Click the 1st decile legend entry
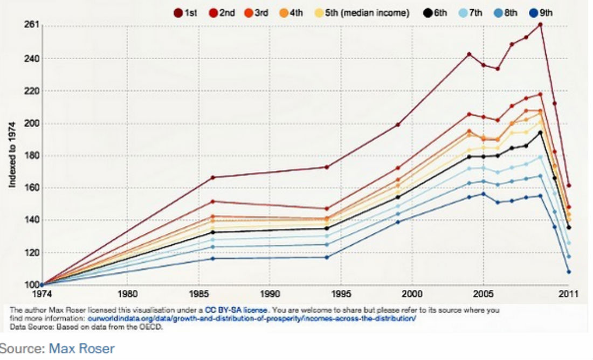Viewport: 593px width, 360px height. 185,13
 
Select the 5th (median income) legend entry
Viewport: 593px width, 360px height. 362,13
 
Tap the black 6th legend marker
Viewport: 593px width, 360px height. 427,13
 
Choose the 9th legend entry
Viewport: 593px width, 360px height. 541,13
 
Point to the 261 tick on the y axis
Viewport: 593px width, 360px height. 32,25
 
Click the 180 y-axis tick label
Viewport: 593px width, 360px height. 32,155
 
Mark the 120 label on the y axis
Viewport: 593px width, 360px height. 32,252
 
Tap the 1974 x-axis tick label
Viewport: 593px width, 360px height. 42,294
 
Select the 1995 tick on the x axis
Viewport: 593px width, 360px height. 341,294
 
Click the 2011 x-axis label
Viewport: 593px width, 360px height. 569,294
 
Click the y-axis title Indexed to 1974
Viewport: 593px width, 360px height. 12,154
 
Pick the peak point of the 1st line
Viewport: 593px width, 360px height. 540,25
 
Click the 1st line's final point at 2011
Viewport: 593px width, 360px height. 569,186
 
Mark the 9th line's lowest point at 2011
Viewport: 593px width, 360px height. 569,272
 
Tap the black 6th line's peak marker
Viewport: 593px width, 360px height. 540,133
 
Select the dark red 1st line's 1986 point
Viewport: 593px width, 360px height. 212,177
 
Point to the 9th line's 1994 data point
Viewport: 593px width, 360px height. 327,258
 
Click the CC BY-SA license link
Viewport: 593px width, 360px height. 236,310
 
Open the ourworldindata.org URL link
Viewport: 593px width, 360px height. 252,319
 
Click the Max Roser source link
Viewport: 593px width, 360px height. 82,348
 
